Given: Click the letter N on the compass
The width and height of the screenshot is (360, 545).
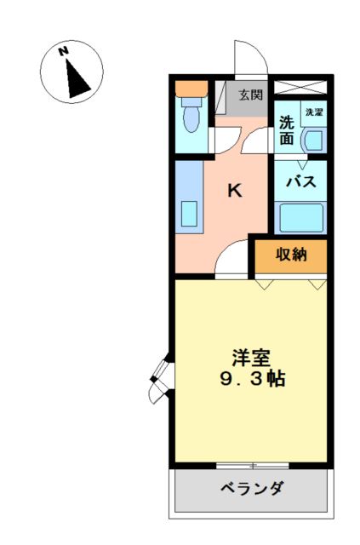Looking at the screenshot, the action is [x=63, y=51].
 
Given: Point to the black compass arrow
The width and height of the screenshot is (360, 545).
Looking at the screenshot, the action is [x=77, y=79].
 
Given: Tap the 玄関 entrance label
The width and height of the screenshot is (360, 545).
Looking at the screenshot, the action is [x=250, y=95].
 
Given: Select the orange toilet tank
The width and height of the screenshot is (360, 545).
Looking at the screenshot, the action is [x=191, y=89].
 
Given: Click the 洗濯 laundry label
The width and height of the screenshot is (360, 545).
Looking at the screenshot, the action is [x=314, y=112].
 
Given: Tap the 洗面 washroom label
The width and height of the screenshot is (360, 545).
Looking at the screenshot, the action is [x=287, y=130].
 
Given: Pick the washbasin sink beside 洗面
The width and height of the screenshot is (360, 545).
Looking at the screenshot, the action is [x=315, y=140].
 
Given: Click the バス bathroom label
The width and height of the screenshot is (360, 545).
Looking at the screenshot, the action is [x=301, y=181].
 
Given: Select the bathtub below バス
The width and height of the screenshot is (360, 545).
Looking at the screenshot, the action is [x=300, y=218].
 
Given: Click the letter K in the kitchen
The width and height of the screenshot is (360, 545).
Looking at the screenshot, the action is [x=235, y=191].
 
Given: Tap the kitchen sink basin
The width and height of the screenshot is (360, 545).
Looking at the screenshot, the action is [x=190, y=214].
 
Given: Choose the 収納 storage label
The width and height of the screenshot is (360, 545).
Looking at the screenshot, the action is [x=291, y=255].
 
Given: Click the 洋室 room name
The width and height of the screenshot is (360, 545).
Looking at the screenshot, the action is [x=251, y=358].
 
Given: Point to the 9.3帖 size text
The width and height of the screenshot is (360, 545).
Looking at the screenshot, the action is [x=253, y=378].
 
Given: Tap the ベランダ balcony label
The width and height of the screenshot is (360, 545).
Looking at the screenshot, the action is [x=252, y=488].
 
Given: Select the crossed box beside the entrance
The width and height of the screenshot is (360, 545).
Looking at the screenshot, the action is [x=300, y=87].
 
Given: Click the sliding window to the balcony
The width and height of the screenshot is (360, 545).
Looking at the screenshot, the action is [x=252, y=466].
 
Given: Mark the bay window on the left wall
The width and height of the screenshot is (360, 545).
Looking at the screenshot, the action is [x=162, y=381].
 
